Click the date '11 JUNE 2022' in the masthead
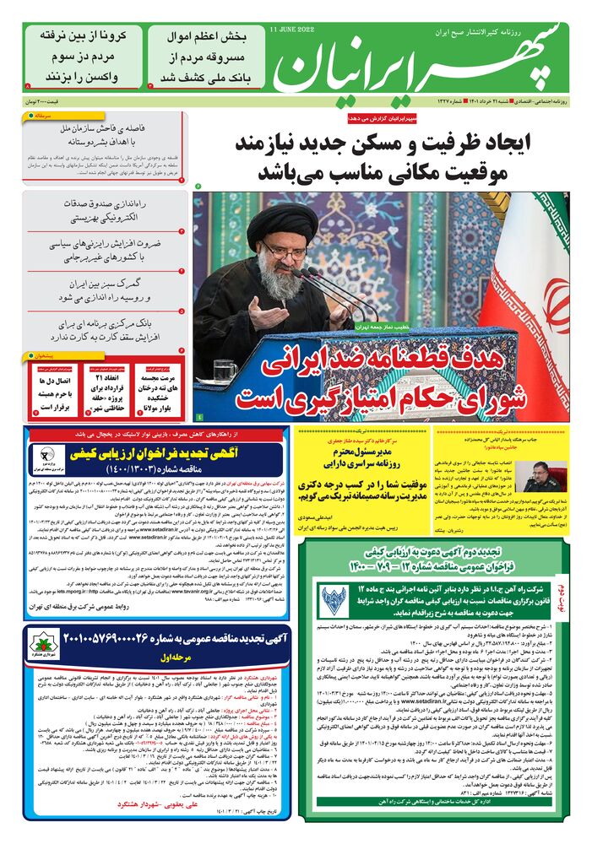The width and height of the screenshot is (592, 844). coord(292,30)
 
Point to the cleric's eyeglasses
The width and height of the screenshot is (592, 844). coord(284,251)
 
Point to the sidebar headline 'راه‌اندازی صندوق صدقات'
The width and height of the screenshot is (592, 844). coord(106,211)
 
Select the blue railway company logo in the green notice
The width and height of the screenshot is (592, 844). coord(334,600)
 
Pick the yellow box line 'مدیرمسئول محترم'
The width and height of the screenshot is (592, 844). coord(364,452)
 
